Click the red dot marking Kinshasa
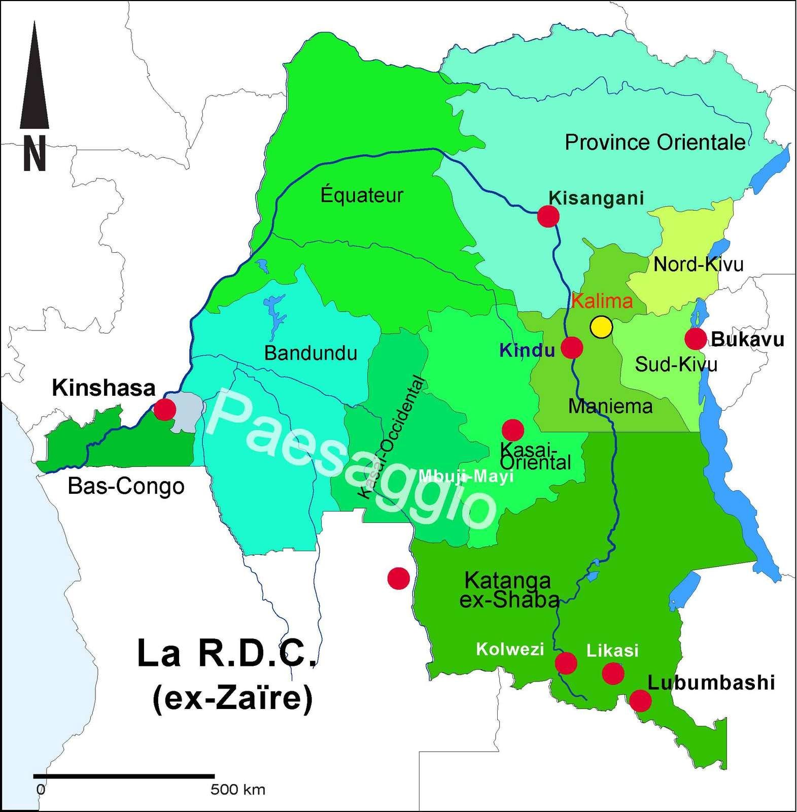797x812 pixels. [165, 409]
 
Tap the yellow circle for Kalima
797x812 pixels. [601, 326]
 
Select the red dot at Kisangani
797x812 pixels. [548, 216]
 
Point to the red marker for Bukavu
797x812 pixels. [695, 339]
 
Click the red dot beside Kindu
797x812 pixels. [572, 348]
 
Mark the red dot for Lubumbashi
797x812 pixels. [640, 701]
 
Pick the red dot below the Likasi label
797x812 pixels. [613, 673]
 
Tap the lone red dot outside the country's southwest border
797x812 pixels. [398, 578]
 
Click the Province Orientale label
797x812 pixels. [655, 143]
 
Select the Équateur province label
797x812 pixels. [362, 195]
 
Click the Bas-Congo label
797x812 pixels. [126, 487]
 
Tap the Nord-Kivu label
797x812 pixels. [698, 264]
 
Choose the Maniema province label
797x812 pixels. [610, 406]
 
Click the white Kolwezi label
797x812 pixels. [510, 649]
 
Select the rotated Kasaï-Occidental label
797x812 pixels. [392, 436]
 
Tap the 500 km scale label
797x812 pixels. [238, 790]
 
